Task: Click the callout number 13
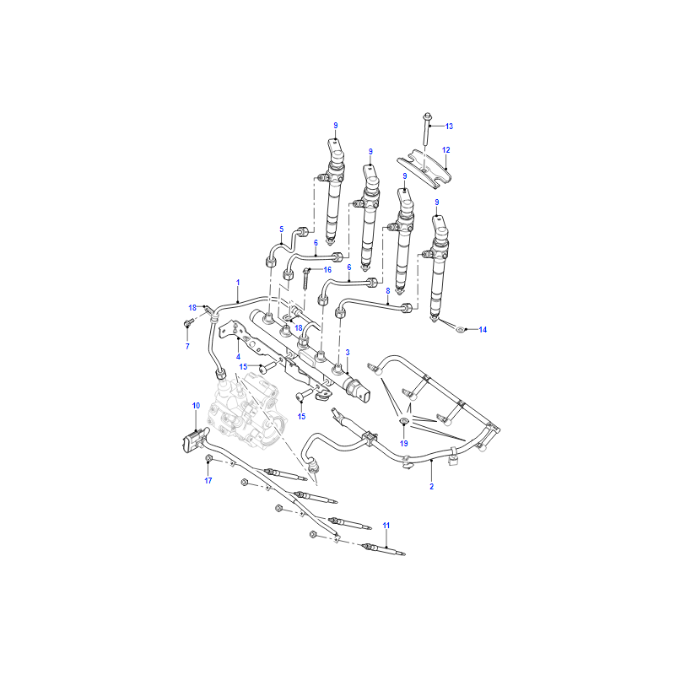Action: [x=449, y=126]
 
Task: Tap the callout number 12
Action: [x=446, y=150]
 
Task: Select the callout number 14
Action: [x=483, y=330]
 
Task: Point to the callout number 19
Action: [x=404, y=444]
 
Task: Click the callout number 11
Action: [x=386, y=525]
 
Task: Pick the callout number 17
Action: [x=208, y=480]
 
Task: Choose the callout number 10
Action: [x=196, y=406]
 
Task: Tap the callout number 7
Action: [x=187, y=347]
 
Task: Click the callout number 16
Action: [x=327, y=270]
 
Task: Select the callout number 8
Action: [x=388, y=291]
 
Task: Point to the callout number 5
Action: [x=282, y=229]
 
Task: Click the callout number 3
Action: [x=348, y=353]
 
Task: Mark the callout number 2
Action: [x=431, y=487]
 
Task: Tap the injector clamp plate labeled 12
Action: [x=424, y=168]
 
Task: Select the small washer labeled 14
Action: [x=460, y=330]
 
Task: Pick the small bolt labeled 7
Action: [x=187, y=322]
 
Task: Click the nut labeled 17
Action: [x=209, y=458]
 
